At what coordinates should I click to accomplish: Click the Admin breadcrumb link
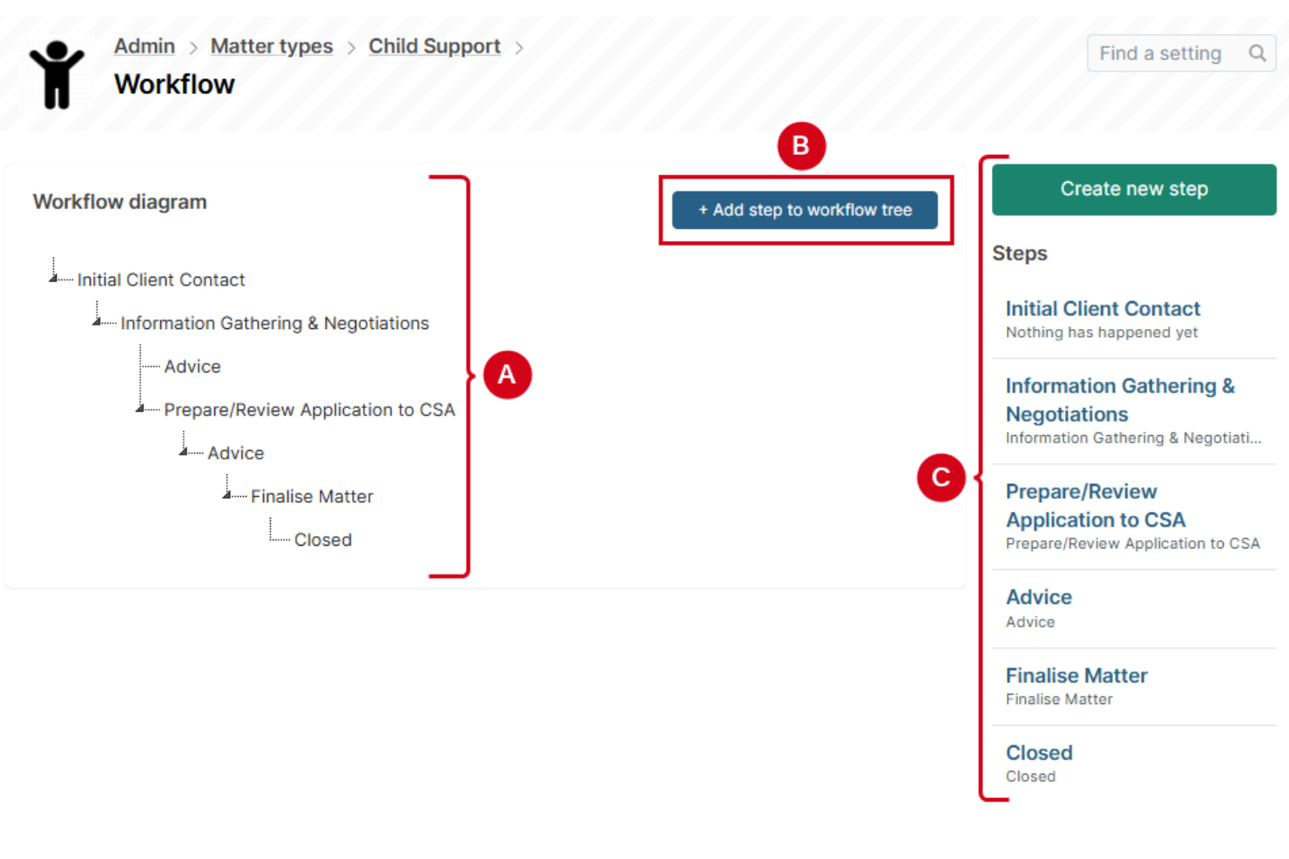[145, 46]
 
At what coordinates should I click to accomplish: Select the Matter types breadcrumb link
[272, 46]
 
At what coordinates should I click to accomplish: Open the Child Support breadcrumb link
[434, 46]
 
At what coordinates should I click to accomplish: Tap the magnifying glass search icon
[1257, 54]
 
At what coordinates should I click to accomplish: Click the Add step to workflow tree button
[805, 210]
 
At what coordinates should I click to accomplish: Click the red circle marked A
[507, 375]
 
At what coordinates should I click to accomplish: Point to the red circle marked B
[800, 146]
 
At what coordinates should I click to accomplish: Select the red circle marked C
[941, 477]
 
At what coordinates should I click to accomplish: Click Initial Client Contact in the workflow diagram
[161, 280]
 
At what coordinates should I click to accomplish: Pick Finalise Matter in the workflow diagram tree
[312, 497]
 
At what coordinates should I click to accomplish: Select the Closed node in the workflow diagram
[323, 540]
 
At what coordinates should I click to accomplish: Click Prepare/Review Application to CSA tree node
[309, 410]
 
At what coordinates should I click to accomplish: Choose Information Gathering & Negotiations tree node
[274, 324]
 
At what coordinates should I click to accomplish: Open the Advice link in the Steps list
[1038, 597]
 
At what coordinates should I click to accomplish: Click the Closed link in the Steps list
[1039, 753]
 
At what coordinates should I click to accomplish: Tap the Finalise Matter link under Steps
[1076, 675]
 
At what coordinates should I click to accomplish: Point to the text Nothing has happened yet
[1102, 332]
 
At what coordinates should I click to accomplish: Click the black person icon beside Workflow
[57, 75]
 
